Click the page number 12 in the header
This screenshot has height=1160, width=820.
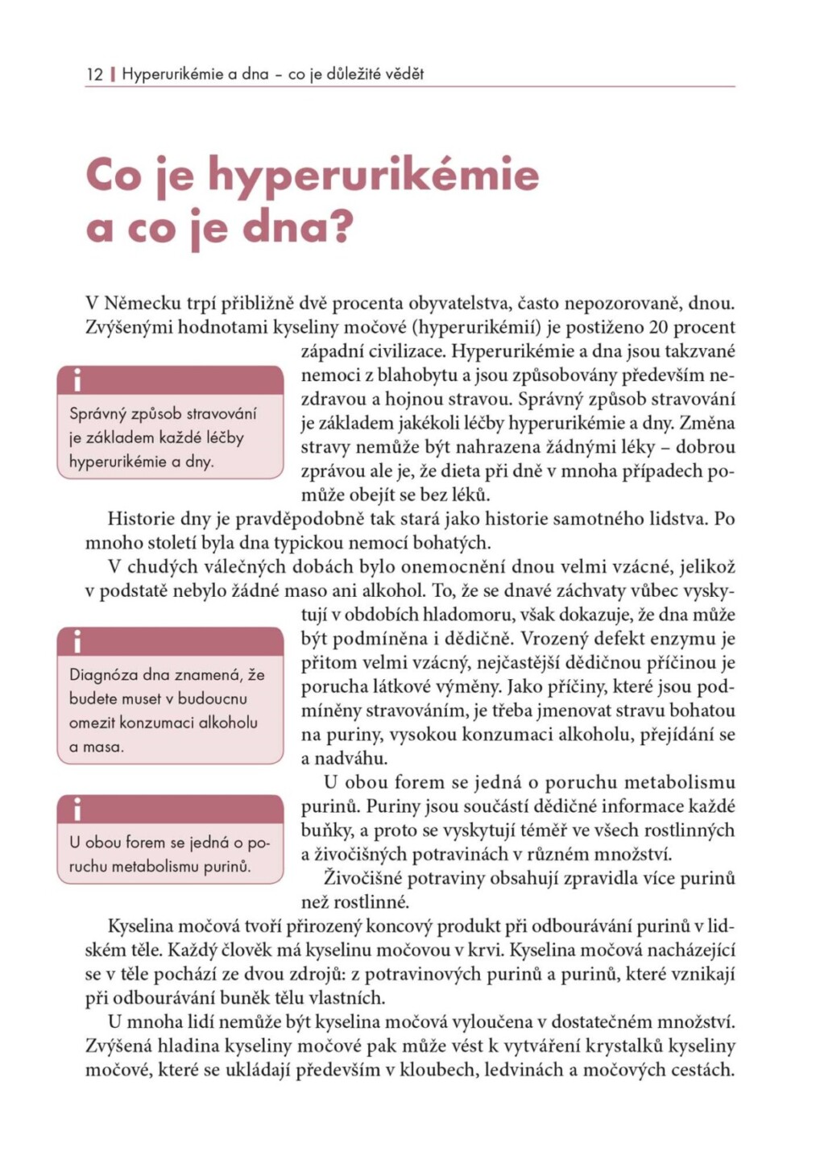pyautogui.click(x=94, y=74)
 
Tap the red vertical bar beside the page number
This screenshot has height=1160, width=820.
pyautogui.click(x=113, y=74)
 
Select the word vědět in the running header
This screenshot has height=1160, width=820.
pyautogui.click(x=404, y=74)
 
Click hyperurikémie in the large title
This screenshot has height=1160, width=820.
pyautogui.click(x=373, y=176)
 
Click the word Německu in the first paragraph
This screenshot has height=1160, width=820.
pyautogui.click(x=143, y=304)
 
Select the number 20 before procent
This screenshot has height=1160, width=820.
pyautogui.click(x=657, y=327)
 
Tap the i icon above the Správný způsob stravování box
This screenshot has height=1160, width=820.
pyautogui.click(x=77, y=379)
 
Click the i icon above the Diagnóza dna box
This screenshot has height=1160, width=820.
pyautogui.click(x=77, y=642)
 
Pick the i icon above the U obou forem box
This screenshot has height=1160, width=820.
pyautogui.click(x=77, y=809)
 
